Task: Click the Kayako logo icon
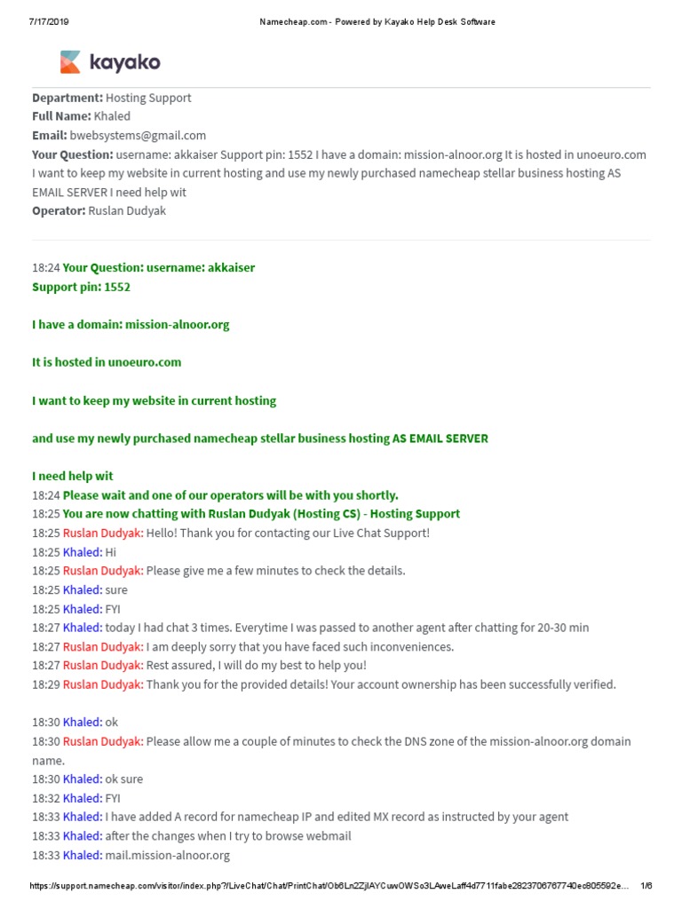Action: [x=70, y=62]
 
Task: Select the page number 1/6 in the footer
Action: [x=646, y=886]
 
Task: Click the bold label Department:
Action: [x=67, y=98]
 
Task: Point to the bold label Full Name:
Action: [x=61, y=116]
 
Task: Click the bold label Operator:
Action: [x=59, y=210]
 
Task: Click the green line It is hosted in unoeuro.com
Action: [x=107, y=362]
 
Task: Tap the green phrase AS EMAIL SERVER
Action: [x=440, y=439]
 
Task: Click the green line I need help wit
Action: [x=73, y=476]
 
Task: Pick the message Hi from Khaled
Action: [x=111, y=552]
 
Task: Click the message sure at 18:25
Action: [x=116, y=589]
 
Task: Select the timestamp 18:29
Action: [x=45, y=684]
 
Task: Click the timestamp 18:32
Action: [x=45, y=798]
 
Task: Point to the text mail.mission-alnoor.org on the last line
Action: [x=167, y=855]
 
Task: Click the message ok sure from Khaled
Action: [x=123, y=779]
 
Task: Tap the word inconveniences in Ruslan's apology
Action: [x=409, y=646]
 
